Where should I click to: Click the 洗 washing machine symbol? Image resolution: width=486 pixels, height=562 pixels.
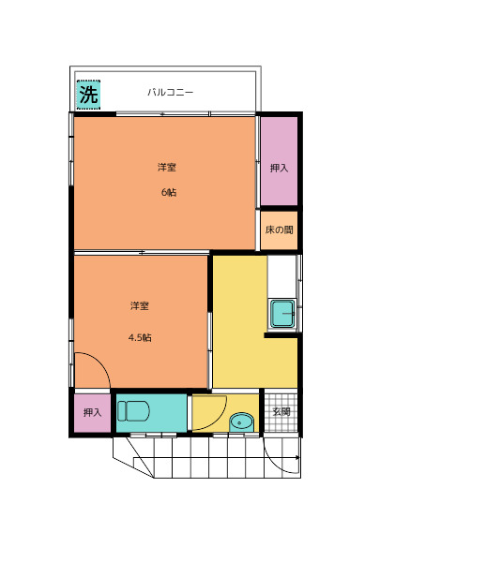click(88, 95)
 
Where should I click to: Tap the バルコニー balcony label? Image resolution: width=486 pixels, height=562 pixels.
click(171, 92)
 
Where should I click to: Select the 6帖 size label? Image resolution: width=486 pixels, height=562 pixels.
click(169, 192)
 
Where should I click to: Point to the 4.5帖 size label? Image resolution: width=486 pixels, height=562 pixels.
click(140, 337)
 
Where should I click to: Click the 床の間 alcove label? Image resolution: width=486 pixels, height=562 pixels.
click(279, 229)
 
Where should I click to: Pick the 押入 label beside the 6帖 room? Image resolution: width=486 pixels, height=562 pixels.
click(279, 168)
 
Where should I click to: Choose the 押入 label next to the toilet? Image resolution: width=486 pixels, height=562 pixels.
click(92, 412)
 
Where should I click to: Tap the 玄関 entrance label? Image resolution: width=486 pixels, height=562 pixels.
click(281, 411)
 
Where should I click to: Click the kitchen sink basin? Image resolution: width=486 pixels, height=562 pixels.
click(282, 315)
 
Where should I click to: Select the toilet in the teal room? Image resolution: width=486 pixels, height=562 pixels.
click(133, 411)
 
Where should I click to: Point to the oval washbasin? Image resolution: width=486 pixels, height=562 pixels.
click(241, 422)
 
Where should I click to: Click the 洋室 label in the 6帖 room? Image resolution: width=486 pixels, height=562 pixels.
click(167, 168)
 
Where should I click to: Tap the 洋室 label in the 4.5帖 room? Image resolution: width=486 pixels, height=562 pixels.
click(139, 306)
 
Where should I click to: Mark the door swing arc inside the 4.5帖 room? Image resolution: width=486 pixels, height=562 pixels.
click(101, 361)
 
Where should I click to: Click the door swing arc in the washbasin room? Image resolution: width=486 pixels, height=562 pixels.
click(219, 420)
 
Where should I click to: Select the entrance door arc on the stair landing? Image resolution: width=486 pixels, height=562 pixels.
click(274, 463)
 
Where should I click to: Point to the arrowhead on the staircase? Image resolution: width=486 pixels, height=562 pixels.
click(297, 458)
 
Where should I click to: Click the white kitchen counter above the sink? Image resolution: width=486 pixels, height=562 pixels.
click(281, 276)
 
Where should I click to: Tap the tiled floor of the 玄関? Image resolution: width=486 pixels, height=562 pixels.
click(281, 412)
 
